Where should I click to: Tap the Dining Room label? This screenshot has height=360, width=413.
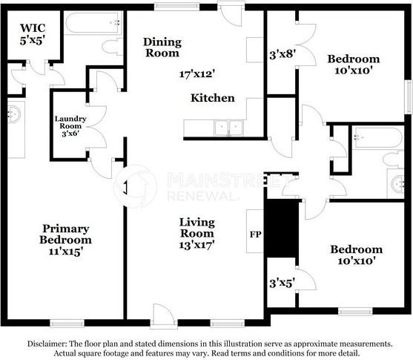(161, 48)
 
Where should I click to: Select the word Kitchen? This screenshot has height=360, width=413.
(212, 98)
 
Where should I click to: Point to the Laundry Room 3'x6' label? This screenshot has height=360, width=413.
(70, 125)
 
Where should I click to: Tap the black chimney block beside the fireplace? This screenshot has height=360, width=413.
(281, 227)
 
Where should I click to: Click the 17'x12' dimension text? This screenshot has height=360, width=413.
(196, 74)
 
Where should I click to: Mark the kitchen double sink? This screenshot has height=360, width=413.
(229, 128)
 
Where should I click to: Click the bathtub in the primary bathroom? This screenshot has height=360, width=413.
(93, 24)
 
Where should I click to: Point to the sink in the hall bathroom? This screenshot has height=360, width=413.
(397, 182)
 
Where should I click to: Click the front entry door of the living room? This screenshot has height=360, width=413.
(162, 317)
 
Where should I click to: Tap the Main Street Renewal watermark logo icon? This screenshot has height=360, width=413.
(135, 186)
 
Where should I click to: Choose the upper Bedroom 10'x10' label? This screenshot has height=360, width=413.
(353, 65)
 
